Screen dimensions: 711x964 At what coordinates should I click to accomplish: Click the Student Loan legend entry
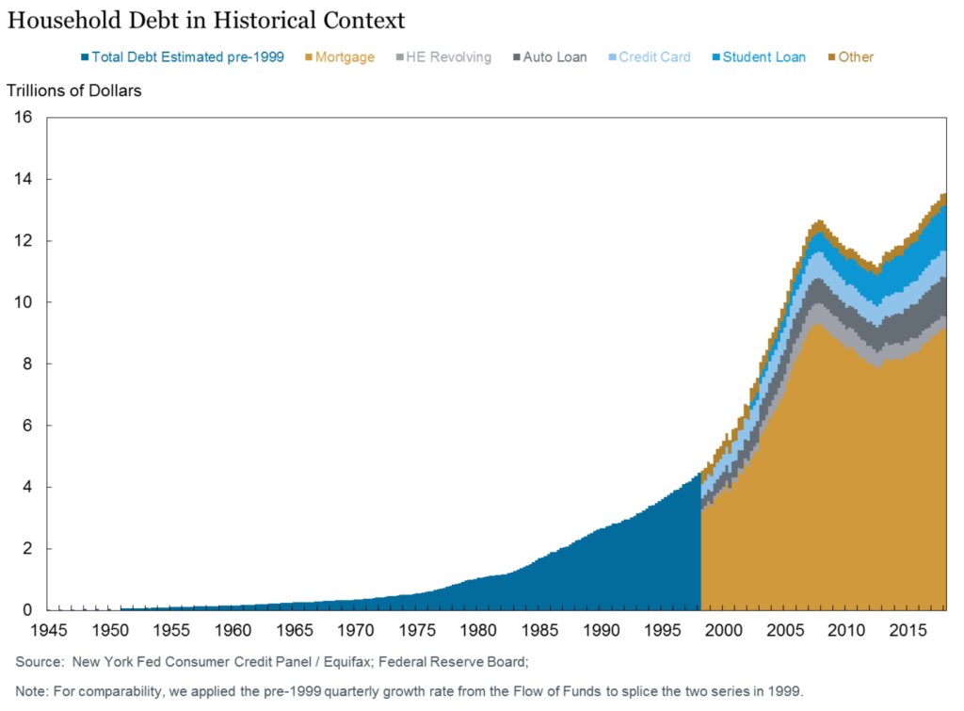point(759,57)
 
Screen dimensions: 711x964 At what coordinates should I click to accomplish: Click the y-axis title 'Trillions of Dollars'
point(74,90)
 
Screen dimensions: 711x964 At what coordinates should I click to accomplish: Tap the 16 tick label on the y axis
point(24,118)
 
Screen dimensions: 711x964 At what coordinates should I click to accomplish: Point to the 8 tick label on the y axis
point(28,364)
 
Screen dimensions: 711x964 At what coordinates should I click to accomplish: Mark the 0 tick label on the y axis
point(28,610)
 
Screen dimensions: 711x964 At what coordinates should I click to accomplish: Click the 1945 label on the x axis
point(49,628)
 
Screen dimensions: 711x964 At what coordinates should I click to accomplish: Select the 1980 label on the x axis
point(479,628)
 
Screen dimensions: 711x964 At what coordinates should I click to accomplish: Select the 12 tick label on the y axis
point(24,241)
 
